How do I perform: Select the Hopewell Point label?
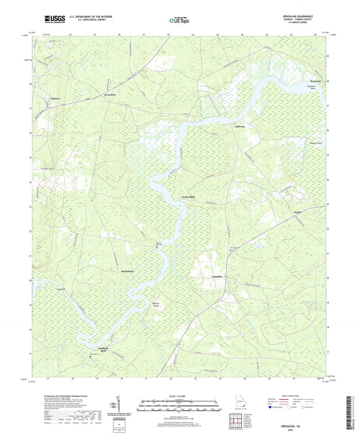tap(312, 88)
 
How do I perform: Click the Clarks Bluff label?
tap(188, 197)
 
